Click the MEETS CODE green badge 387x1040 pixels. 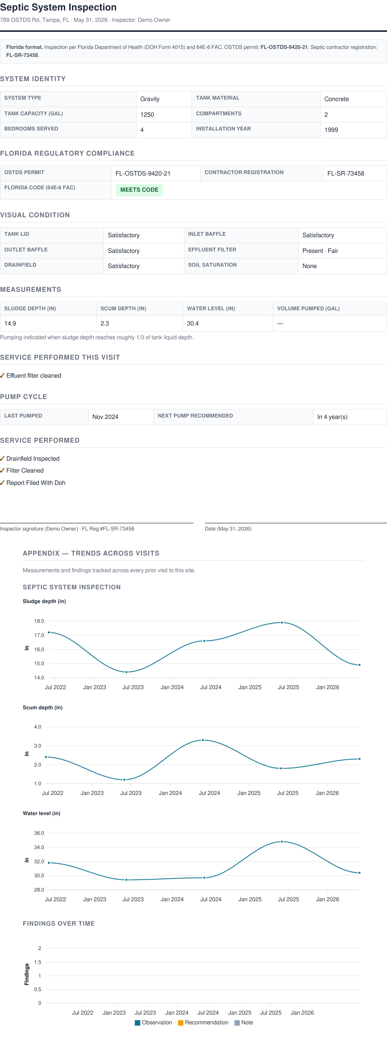[x=139, y=190]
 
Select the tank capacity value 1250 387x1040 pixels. [x=147, y=115]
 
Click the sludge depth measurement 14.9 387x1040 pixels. [x=10, y=323]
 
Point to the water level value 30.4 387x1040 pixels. [x=193, y=323]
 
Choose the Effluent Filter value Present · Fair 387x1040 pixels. [x=320, y=251]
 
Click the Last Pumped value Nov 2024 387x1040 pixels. [x=105, y=417]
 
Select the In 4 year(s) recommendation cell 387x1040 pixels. [x=332, y=417]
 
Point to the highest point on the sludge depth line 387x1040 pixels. [x=282, y=622]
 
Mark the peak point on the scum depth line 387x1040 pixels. [x=203, y=740]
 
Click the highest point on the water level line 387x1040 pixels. [x=282, y=842]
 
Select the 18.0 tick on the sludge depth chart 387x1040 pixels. [x=39, y=621]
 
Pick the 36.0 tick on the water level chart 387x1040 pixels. [x=39, y=833]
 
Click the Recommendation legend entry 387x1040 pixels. [x=203, y=1022]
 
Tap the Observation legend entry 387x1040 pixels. [x=153, y=1022]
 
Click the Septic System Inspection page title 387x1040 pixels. [x=59, y=7]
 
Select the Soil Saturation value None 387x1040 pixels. [x=309, y=266]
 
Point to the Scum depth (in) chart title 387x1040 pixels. [x=43, y=707]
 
